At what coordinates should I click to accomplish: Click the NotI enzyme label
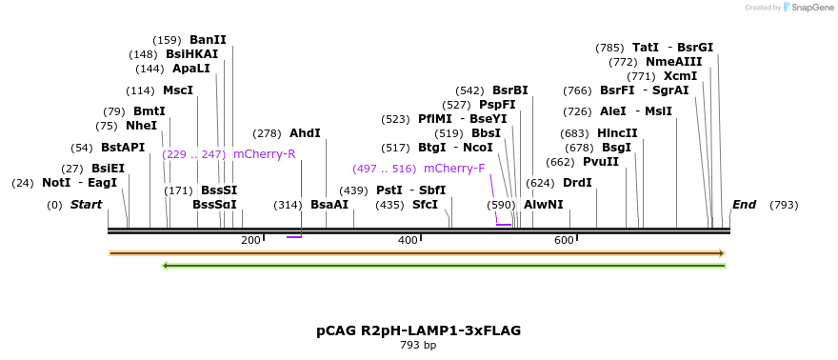pos(56,183)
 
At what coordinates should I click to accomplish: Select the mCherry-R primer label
pos(264,154)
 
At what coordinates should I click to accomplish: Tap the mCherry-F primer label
pos(454,169)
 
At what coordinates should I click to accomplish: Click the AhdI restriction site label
pos(305,134)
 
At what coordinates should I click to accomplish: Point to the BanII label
pos(208,40)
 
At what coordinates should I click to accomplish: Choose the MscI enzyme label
pos(178,91)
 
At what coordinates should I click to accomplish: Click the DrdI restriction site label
pos(577,183)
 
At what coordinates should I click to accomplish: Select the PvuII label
pos(601,162)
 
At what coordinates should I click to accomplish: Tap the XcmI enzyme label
pos(681,76)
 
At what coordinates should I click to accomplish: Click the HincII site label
pos(617,133)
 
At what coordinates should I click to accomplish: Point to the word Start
pos(86,205)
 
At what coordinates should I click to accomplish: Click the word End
pos(744,205)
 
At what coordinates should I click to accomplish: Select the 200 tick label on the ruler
pos(250,240)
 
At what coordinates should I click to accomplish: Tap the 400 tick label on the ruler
pos(408,240)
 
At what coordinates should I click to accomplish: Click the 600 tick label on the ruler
pos(564,240)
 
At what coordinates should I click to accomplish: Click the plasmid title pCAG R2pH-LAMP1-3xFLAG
pos(418,330)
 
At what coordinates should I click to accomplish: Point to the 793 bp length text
pos(418,345)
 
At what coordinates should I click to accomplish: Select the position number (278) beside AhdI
pos(268,134)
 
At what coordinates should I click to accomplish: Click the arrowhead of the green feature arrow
pos(166,266)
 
